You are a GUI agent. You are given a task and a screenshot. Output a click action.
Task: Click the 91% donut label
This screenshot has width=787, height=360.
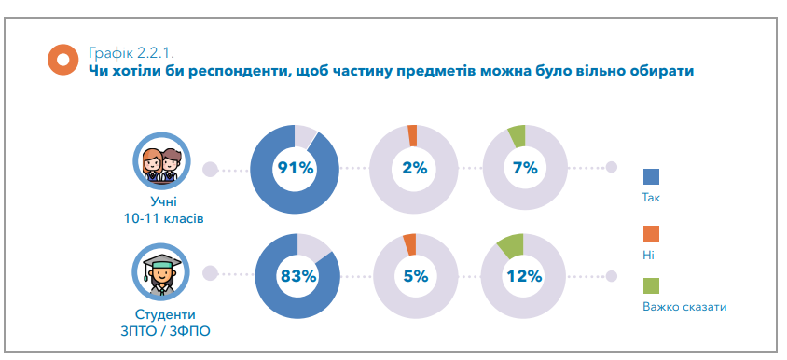pyautogui.click(x=296, y=169)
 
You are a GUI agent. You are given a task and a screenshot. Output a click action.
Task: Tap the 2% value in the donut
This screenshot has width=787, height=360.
pyautogui.click(x=414, y=169)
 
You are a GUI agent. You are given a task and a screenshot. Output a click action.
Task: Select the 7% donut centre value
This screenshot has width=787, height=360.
pyautogui.click(x=525, y=169)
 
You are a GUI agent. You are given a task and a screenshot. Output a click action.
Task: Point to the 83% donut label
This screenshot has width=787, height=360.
pyautogui.click(x=297, y=276)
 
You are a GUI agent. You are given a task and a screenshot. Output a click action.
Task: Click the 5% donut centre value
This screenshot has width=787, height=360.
pyautogui.click(x=415, y=276)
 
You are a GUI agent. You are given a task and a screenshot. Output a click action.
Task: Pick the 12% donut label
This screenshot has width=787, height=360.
pyautogui.click(x=523, y=276)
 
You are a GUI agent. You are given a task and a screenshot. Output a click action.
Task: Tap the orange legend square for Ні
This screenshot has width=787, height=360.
pyautogui.click(x=651, y=232)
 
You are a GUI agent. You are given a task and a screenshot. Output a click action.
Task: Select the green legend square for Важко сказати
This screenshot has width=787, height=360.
pyautogui.click(x=651, y=285)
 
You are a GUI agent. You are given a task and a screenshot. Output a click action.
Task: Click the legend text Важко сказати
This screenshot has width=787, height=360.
pyautogui.click(x=683, y=306)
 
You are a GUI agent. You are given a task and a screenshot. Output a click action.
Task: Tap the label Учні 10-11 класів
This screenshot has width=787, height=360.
pyautogui.click(x=164, y=210)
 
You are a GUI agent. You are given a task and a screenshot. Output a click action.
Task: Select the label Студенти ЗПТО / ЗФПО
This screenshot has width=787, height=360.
pyautogui.click(x=164, y=322)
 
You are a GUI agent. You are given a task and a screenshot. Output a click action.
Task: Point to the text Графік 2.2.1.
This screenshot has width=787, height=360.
pyautogui.click(x=130, y=51)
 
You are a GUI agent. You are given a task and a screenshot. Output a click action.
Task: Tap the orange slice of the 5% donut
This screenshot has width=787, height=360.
pyautogui.click(x=409, y=243)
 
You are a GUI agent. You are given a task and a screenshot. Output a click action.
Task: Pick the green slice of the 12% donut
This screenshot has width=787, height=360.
pyautogui.click(x=511, y=245)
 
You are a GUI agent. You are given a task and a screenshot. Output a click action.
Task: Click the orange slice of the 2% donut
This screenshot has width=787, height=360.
pyautogui.click(x=412, y=135)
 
